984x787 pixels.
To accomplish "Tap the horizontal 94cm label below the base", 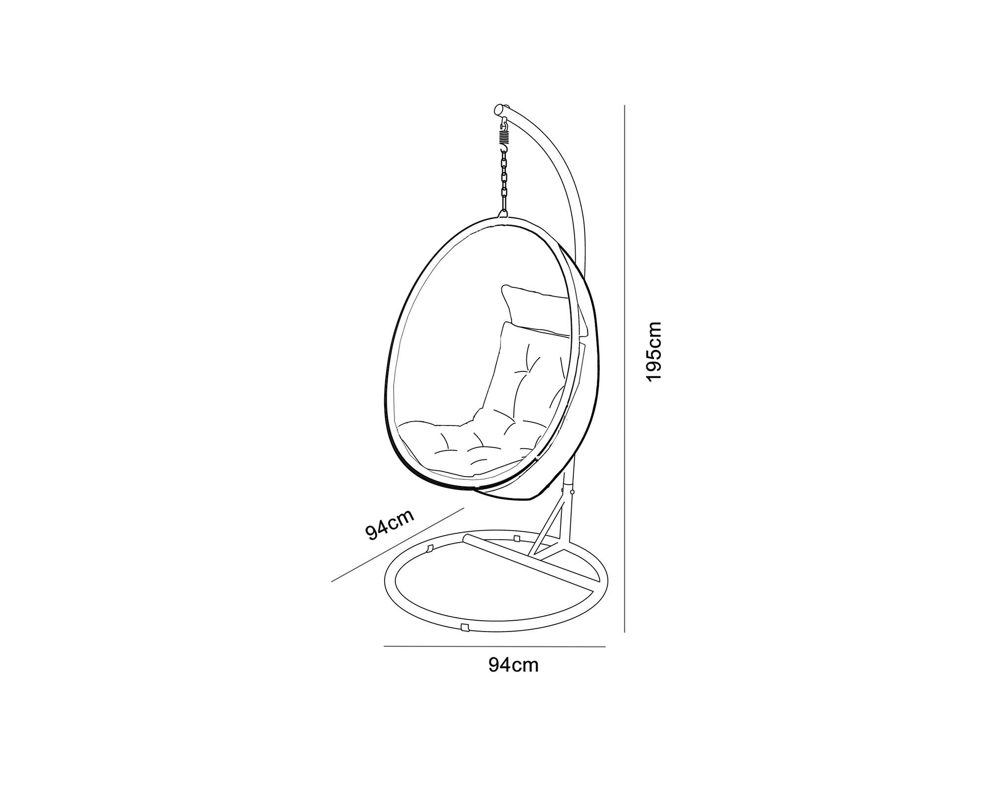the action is [514, 665].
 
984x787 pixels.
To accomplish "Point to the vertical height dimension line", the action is [624, 368].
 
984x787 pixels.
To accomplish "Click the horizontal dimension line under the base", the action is [494, 646].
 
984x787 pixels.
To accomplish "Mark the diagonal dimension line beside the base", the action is [398, 545].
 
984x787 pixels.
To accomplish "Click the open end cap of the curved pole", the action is [498, 109].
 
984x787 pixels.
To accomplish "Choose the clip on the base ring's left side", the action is [430, 547].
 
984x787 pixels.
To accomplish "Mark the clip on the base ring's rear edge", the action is [516, 538].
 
